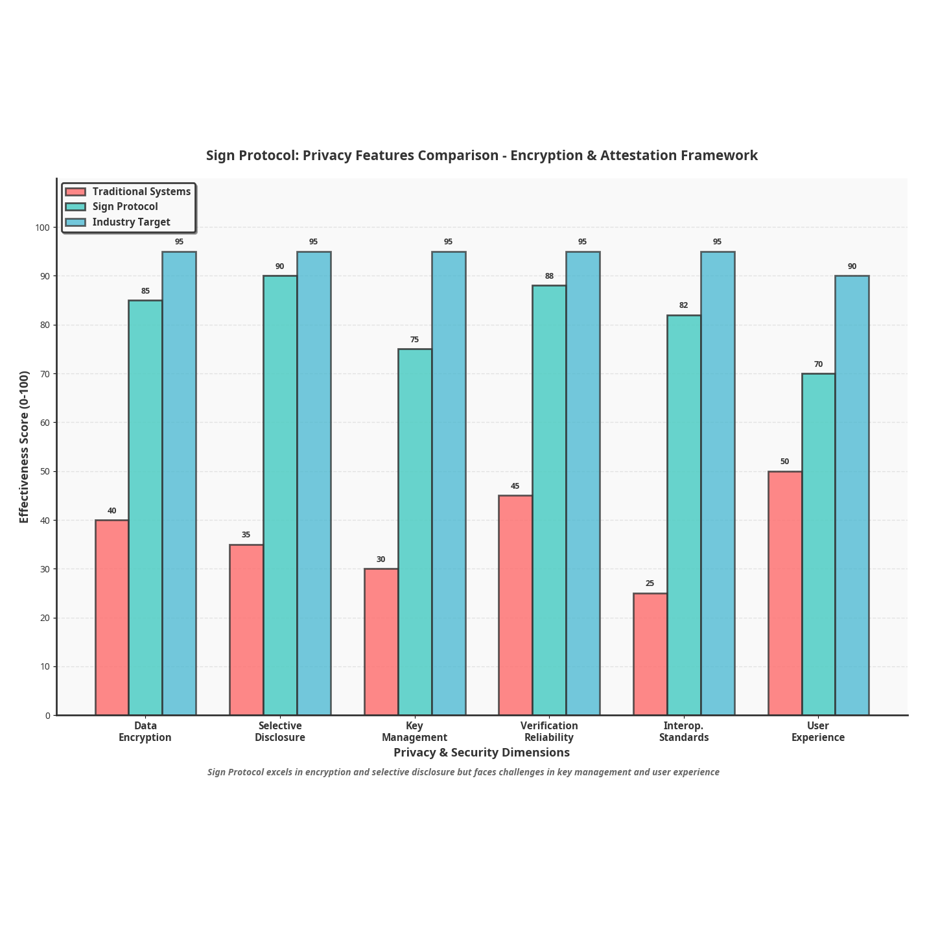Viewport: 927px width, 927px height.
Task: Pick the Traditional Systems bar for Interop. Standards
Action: (650, 654)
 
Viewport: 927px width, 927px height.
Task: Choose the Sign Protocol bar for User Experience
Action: (818, 544)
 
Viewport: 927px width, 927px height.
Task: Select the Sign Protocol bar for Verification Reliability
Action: (549, 500)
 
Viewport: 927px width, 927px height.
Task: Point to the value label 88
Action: (549, 276)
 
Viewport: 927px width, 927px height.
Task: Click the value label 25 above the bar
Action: (650, 583)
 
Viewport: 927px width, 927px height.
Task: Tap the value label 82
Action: (683, 305)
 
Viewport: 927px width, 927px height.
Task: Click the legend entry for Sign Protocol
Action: (124, 207)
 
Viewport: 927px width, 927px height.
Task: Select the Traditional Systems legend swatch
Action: (76, 192)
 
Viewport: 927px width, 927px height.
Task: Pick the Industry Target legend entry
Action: (131, 222)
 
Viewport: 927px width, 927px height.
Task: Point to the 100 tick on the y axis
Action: (43, 228)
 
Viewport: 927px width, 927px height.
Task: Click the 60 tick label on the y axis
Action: (45, 423)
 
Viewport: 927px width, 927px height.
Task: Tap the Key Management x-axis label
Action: (414, 732)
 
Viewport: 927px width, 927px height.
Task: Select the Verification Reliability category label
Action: (549, 732)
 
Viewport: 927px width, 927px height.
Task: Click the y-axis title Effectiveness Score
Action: (25, 447)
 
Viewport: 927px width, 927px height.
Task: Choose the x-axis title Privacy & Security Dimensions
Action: (482, 753)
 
